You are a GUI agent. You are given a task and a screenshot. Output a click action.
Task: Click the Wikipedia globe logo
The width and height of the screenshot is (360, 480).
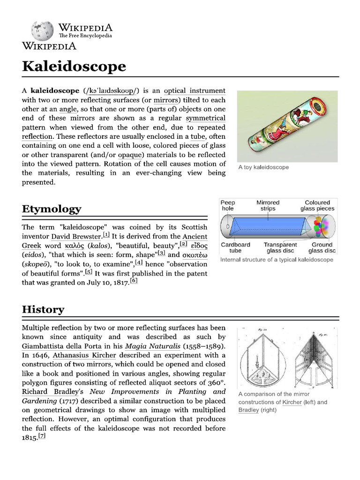[42, 30]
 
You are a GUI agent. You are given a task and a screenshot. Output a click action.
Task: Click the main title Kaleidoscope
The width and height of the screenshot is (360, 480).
[74, 66]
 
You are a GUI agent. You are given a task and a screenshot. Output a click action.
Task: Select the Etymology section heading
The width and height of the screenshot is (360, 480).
[52, 209]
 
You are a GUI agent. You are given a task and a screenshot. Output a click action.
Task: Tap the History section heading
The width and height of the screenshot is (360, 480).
[43, 309]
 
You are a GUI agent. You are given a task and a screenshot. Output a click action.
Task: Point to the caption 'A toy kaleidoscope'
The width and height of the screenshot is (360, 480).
[263, 167]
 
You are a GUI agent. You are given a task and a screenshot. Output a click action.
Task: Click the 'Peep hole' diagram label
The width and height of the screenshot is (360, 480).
[228, 205]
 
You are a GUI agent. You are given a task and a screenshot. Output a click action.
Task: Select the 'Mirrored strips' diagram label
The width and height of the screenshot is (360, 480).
[268, 205]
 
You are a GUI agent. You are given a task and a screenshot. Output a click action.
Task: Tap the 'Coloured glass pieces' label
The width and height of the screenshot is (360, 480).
[317, 205]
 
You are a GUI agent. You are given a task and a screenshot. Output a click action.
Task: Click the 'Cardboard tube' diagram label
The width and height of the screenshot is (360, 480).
[235, 247]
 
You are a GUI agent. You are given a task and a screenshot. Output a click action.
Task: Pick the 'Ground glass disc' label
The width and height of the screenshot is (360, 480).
[322, 247]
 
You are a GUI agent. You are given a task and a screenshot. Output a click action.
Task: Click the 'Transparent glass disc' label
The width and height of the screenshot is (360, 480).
[280, 247]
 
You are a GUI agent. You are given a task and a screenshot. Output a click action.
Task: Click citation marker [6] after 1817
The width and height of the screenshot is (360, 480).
[134, 281]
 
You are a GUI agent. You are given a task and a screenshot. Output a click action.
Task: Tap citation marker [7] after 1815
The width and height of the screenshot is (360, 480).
[42, 436]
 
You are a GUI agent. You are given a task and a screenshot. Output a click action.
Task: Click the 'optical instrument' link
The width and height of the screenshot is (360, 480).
[195, 90]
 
